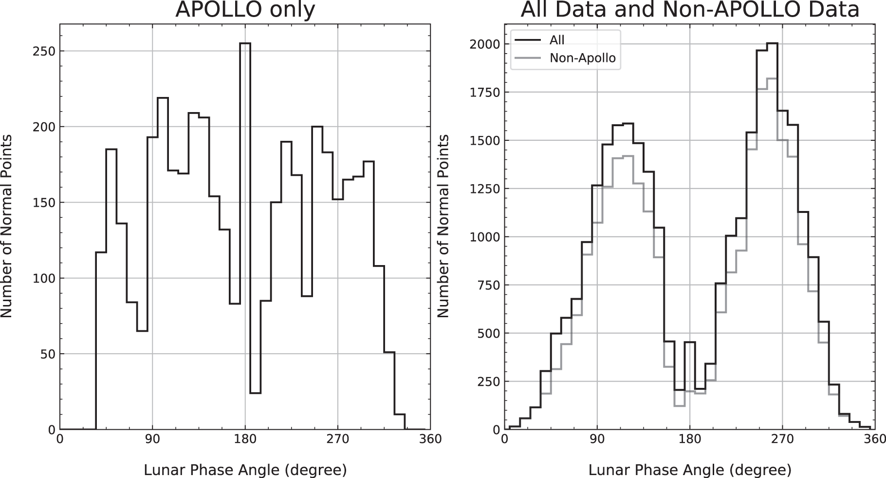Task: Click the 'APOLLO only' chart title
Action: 245,10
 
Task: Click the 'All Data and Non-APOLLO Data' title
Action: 690,10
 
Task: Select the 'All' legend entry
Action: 557,40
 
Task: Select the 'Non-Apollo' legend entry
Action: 582,58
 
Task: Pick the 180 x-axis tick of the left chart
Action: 245,440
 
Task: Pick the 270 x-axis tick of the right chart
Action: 782,440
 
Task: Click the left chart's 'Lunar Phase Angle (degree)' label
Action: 245,470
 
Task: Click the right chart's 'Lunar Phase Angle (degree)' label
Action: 690,470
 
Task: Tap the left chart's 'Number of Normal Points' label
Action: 7,227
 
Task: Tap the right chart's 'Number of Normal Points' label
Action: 443,227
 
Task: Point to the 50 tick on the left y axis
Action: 49,354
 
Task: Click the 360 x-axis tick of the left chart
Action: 430,440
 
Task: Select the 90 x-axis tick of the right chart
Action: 597,440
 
